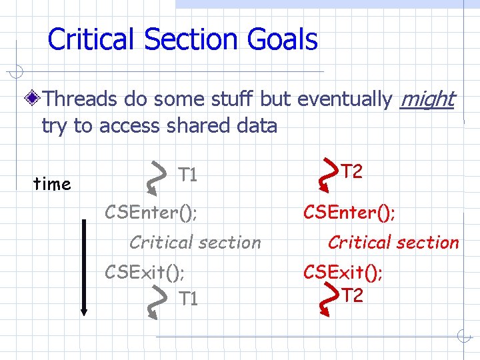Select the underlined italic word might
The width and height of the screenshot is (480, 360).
click(x=427, y=99)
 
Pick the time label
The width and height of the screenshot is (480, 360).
click(x=52, y=184)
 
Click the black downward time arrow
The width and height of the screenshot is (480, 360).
click(x=84, y=267)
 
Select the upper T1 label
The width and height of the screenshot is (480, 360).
click(x=188, y=175)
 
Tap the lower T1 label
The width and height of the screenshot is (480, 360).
click(x=188, y=299)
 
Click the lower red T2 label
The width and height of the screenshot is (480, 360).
click(x=351, y=295)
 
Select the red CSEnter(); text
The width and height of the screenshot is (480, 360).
click(x=349, y=213)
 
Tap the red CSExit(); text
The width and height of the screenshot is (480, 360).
click(x=343, y=272)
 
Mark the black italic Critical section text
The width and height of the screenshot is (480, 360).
click(x=195, y=242)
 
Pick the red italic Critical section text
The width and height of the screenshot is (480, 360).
click(x=393, y=242)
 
